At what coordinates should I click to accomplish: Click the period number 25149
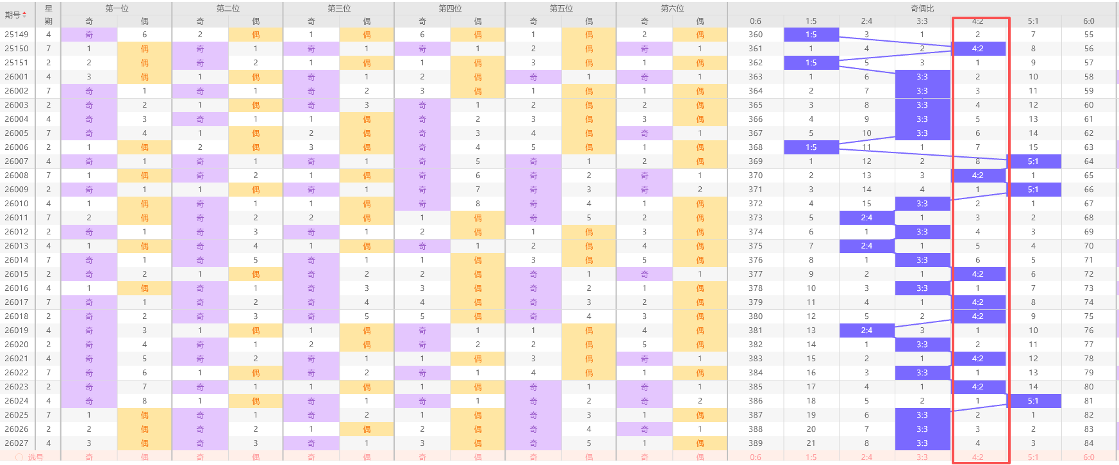click(17, 35)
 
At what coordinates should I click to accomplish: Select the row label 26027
click(17, 443)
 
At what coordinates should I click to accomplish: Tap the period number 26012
click(17, 232)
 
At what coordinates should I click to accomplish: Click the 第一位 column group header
click(117, 8)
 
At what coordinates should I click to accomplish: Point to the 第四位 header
click(450, 8)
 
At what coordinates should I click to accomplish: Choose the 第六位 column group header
click(672, 8)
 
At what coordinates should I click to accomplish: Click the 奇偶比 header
click(922, 8)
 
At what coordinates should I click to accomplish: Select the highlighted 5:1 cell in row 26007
click(1033, 161)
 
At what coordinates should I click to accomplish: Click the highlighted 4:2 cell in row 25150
click(977, 49)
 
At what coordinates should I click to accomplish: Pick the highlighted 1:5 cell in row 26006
click(811, 147)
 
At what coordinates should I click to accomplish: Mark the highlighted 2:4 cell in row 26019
click(866, 330)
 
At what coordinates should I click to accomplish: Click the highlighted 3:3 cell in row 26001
click(922, 77)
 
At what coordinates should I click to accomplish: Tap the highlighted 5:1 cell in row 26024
click(1033, 401)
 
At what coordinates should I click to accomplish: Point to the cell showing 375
click(756, 246)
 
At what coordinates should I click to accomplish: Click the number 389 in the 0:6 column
click(756, 443)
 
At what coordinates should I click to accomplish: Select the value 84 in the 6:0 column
click(1089, 443)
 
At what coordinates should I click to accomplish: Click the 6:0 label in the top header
click(1089, 21)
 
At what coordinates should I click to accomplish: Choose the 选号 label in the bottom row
click(35, 457)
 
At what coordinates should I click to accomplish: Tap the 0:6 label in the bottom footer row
click(756, 457)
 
